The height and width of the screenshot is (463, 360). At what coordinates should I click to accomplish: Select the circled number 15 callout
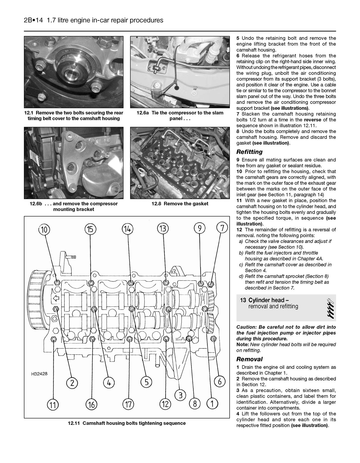click(x=91, y=229)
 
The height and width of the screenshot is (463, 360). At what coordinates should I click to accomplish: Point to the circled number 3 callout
click(x=180, y=396)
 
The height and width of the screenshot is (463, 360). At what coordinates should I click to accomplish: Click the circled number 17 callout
click(x=128, y=404)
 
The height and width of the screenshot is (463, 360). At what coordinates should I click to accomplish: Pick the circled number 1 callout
click(x=212, y=404)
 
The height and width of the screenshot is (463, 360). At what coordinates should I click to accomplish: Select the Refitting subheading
click(x=249, y=152)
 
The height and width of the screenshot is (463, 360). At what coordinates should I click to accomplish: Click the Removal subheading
click(x=249, y=359)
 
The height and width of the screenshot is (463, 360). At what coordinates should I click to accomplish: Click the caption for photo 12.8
click(x=180, y=204)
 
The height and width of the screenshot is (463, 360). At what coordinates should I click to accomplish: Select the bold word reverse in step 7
click(x=313, y=120)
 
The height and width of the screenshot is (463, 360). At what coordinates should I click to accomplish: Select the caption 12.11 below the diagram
click(x=127, y=423)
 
